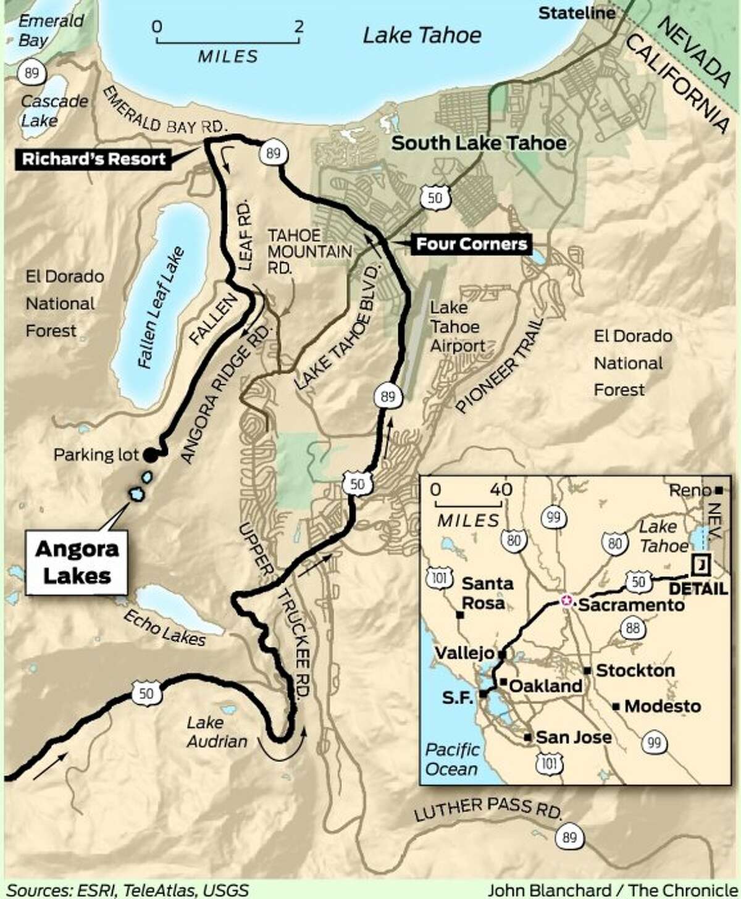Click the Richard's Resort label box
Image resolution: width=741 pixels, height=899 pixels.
(94, 159)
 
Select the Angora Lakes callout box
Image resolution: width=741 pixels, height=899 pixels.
(77, 562)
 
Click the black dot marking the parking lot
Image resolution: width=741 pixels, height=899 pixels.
(150, 455)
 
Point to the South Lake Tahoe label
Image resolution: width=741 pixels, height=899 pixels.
(479, 143)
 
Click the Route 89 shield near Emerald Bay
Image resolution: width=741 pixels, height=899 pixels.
(31, 73)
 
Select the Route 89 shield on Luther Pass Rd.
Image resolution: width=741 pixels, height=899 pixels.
(569, 837)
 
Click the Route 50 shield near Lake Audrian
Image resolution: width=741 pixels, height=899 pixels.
(146, 693)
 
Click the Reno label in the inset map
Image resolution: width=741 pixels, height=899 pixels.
(690, 490)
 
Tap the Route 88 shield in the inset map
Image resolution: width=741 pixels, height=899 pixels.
(634, 629)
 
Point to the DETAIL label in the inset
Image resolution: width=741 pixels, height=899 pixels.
(698, 588)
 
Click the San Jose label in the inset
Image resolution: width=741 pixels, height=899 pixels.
(573, 737)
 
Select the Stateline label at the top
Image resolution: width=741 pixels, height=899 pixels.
(577, 13)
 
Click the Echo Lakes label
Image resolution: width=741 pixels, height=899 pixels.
(164, 627)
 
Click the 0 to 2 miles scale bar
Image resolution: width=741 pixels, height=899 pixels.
(228, 41)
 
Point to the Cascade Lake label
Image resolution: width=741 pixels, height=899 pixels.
(54, 110)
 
